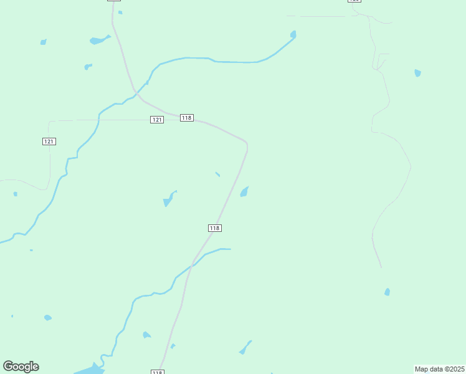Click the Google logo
click(x=21, y=367)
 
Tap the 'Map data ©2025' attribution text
click(x=440, y=369)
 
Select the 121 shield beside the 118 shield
click(x=157, y=120)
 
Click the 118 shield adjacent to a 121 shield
click(x=186, y=118)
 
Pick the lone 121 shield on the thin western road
click(x=49, y=141)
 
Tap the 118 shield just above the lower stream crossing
click(x=214, y=228)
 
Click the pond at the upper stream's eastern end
click(x=293, y=34)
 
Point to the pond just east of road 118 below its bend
click(x=244, y=192)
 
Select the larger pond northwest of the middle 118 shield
click(x=168, y=199)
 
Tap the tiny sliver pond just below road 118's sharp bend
click(x=217, y=174)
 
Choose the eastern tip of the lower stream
click(x=230, y=249)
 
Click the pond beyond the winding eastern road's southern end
click(x=387, y=292)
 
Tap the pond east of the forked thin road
click(x=417, y=73)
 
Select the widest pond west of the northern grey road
click(x=98, y=41)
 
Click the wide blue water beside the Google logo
click(x=90, y=370)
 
